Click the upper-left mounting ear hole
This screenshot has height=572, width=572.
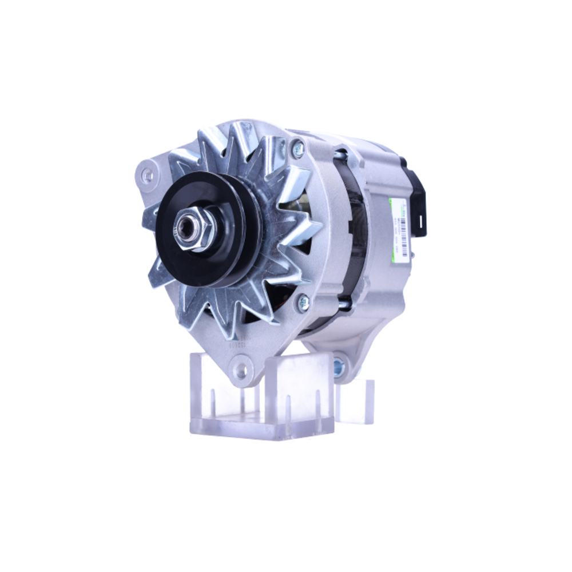click(148, 175)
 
